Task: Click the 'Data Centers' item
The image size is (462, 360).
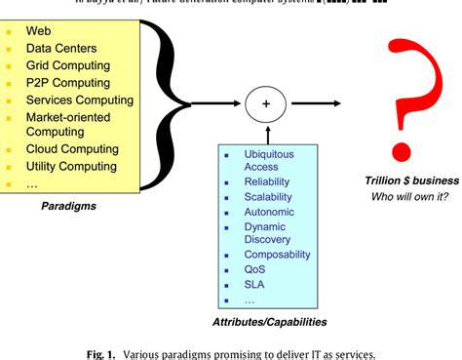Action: click(61, 47)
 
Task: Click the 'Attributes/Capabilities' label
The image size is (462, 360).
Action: click(269, 321)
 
